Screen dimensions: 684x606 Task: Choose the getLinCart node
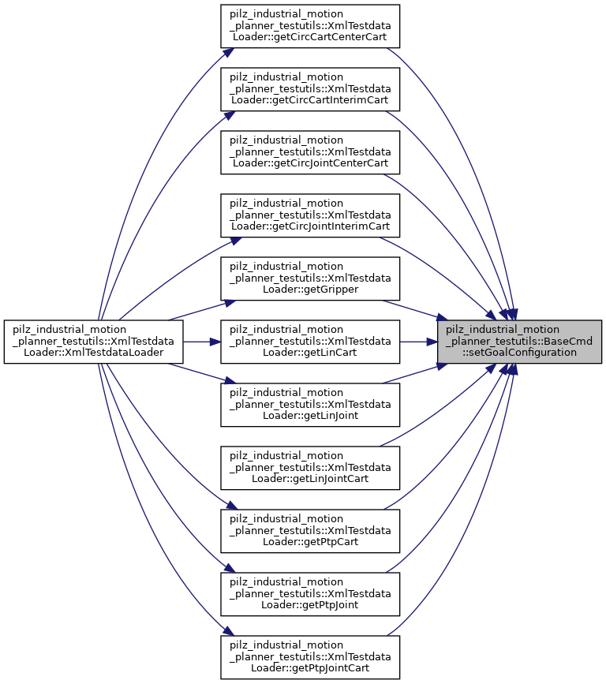(310, 342)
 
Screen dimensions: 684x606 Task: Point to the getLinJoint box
(310, 405)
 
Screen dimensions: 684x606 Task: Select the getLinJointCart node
(310, 468)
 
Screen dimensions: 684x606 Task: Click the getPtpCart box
(310, 531)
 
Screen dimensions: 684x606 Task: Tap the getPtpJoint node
(310, 594)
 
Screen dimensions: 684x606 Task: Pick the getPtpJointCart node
(310, 657)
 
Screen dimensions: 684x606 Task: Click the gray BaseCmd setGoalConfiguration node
(520, 342)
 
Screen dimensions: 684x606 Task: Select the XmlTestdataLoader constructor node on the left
(93, 342)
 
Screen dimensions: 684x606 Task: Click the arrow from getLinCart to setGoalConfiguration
(419, 342)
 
